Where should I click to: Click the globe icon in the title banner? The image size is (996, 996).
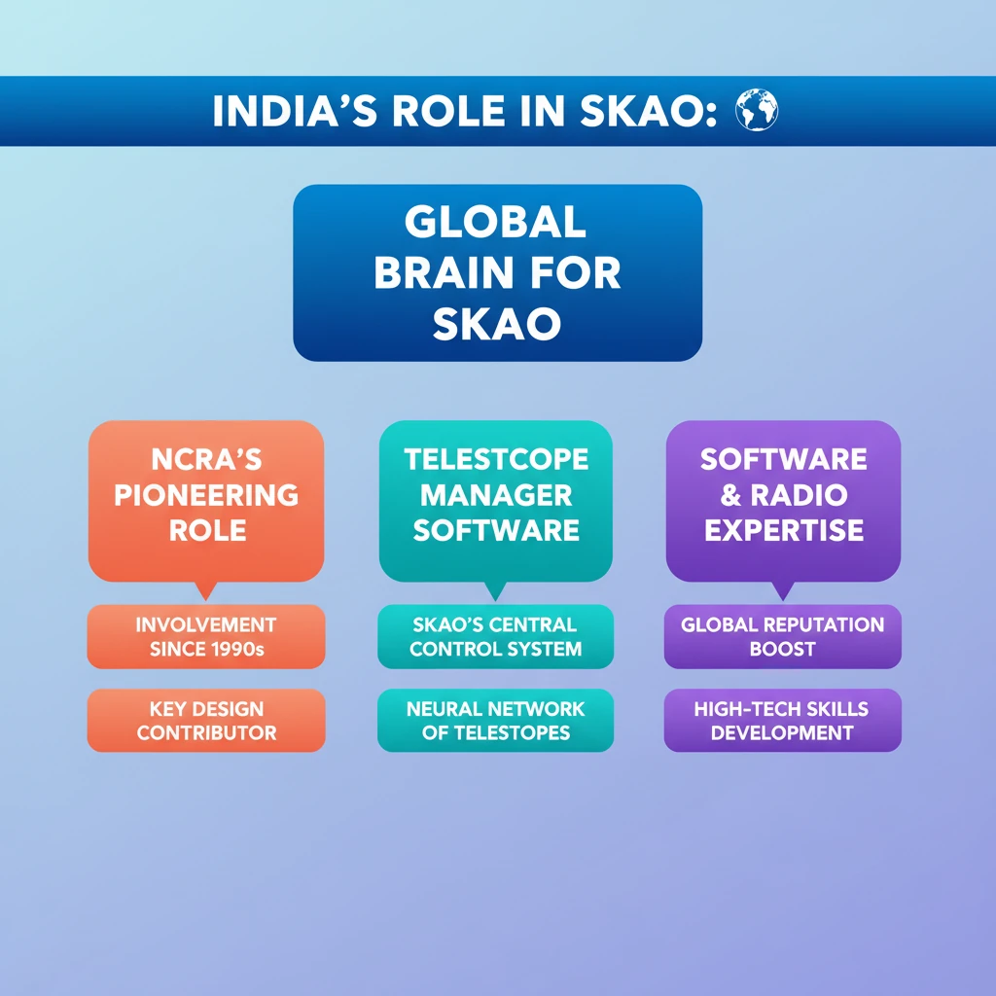point(756,110)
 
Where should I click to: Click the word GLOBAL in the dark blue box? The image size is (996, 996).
point(495,223)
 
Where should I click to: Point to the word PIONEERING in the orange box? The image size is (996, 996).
point(206,495)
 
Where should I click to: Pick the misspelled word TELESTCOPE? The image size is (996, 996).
point(496,459)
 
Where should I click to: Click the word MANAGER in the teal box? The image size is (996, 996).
point(496,495)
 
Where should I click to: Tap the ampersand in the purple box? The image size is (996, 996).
point(730,495)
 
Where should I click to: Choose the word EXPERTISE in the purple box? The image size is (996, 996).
point(784,530)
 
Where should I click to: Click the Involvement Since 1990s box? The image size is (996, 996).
point(206,636)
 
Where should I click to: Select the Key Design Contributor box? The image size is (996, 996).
point(206,721)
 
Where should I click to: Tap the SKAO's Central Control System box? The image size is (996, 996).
point(495,636)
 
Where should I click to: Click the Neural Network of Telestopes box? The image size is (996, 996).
point(495,721)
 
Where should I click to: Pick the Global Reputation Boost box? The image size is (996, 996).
point(783,636)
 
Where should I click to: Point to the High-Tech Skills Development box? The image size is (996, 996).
point(783,721)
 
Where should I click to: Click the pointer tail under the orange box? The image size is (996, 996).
point(206,589)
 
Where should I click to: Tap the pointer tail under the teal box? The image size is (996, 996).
point(495,589)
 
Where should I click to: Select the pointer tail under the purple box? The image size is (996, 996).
point(783,589)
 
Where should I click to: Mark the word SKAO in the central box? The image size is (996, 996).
point(497,324)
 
